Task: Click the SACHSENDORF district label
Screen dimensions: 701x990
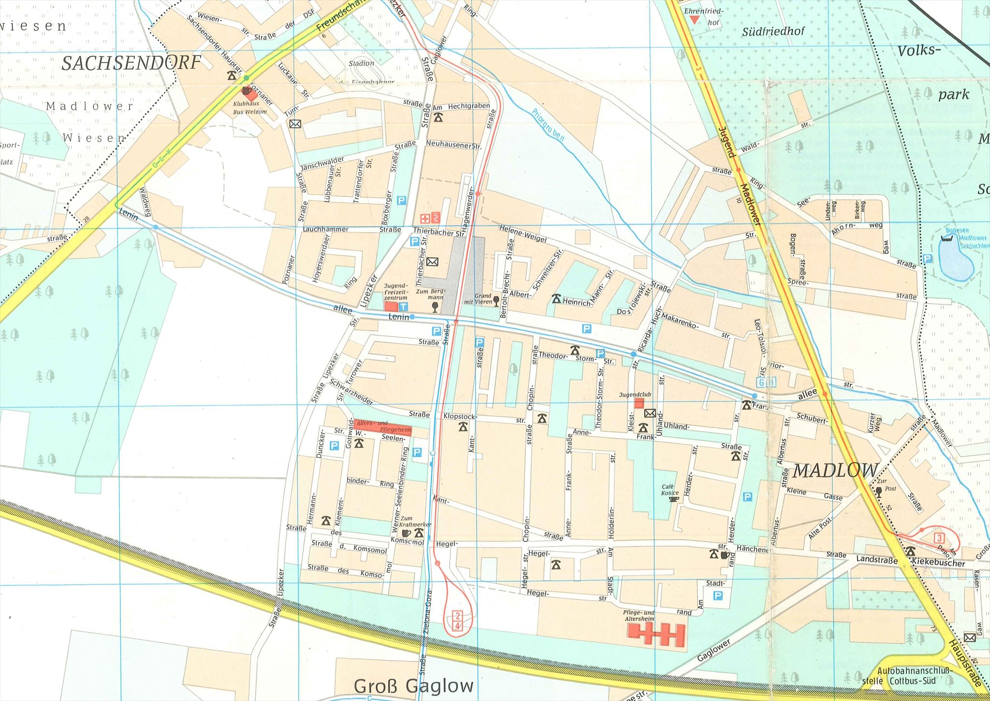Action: [x=131, y=63]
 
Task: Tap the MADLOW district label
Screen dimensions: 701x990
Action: [x=835, y=470]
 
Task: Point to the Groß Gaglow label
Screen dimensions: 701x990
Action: [x=413, y=686]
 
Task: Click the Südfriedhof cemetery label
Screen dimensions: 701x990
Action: [x=773, y=31]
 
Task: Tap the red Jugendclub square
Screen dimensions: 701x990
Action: [x=640, y=403]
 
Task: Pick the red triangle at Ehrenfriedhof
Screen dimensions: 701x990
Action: [x=694, y=20]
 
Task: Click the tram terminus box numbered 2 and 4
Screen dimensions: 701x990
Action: [x=457, y=621]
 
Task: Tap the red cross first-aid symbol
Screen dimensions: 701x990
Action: [x=425, y=218]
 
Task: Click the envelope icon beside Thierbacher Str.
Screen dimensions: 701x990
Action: [x=432, y=262]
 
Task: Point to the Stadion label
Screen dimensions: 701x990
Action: [x=361, y=63]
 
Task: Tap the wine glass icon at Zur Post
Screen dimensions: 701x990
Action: [x=878, y=492]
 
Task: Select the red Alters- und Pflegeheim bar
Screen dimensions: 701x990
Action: [x=382, y=426]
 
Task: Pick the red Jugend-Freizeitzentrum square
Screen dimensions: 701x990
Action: [x=391, y=306]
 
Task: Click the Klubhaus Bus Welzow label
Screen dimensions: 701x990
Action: [x=249, y=107]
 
